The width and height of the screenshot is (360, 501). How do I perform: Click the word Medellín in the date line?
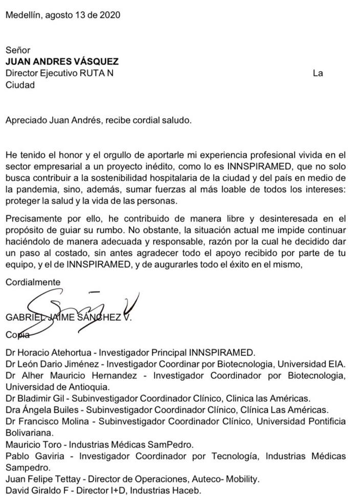pyautogui.click(x=23, y=15)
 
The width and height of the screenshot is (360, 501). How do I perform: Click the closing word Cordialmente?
pyautogui.click(x=33, y=282)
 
